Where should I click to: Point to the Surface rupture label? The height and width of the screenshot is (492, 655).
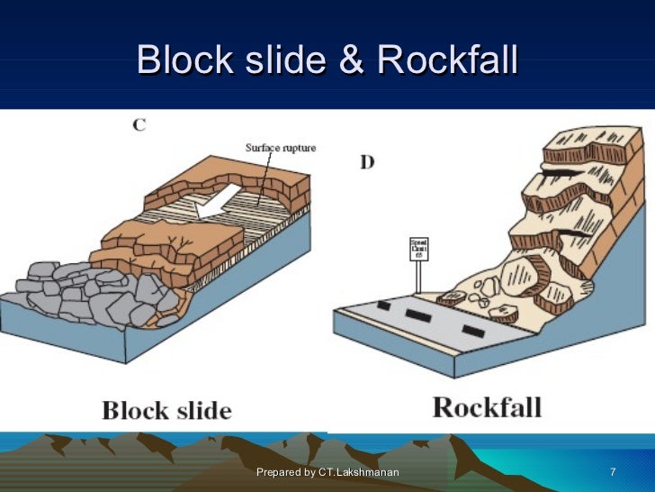280,147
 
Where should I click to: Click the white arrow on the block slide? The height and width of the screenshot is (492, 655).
213,201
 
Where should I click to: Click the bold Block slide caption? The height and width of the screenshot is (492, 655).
166,411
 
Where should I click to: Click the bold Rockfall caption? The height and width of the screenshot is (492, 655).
487,406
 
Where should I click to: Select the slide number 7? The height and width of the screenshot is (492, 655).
613,472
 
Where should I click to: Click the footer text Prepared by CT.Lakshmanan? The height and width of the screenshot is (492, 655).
327,472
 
